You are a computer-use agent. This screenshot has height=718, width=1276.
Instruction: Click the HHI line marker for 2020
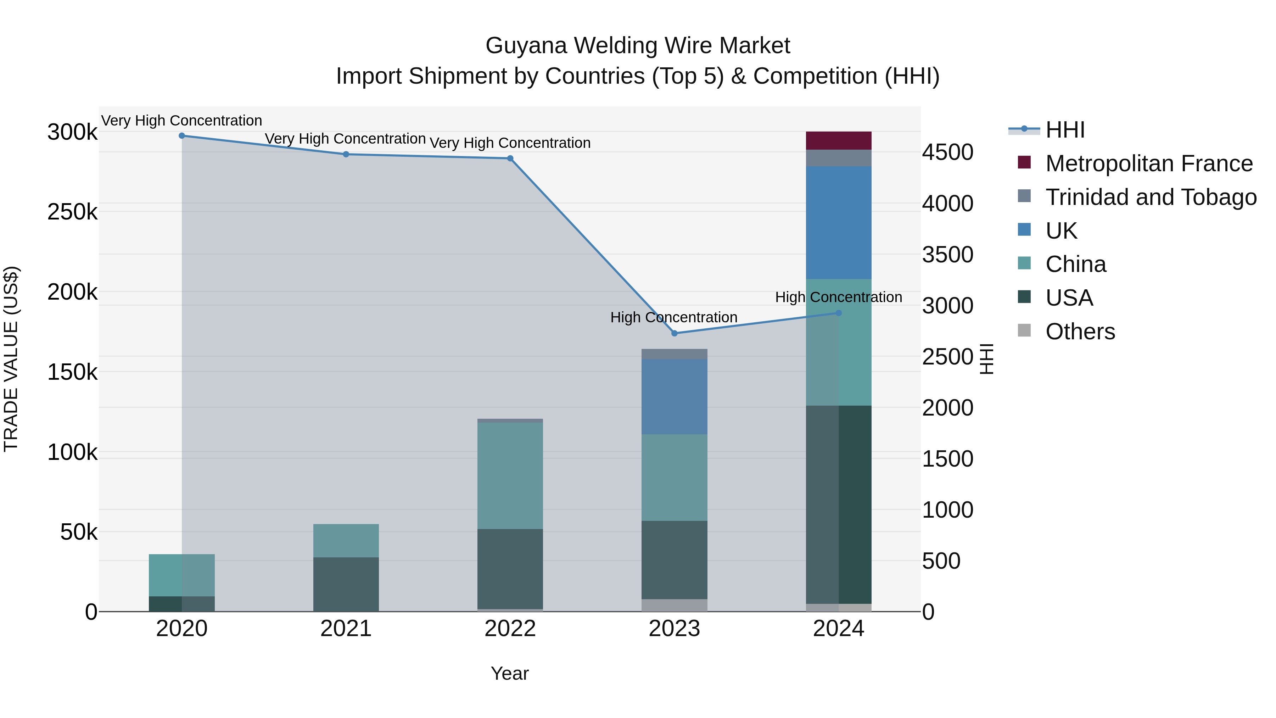(182, 136)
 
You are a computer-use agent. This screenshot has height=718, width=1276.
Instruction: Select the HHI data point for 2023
(674, 334)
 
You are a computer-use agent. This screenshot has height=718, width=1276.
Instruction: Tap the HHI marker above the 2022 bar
(510, 158)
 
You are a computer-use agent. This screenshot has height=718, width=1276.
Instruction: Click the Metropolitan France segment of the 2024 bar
(839, 141)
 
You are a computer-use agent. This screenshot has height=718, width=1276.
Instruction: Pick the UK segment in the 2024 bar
(839, 223)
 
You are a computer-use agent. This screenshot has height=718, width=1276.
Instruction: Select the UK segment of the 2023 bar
(674, 397)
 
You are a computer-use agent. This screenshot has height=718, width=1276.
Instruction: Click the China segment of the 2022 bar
(510, 476)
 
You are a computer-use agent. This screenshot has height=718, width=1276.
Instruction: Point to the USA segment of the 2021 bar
(346, 584)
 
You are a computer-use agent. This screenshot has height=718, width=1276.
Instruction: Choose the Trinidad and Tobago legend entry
(1151, 197)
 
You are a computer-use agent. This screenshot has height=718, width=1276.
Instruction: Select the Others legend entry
(1080, 332)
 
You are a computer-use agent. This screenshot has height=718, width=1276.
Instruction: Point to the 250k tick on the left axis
(72, 212)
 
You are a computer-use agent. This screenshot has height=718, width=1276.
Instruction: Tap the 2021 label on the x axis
(346, 629)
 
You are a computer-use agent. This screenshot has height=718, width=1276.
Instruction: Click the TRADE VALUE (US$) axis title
(11, 359)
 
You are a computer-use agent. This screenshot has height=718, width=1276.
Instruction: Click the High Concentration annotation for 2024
(838, 297)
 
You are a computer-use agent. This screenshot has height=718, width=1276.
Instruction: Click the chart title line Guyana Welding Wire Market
(638, 46)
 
